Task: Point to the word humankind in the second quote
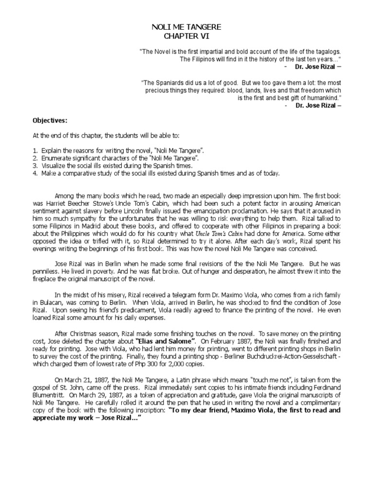point(324,97)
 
